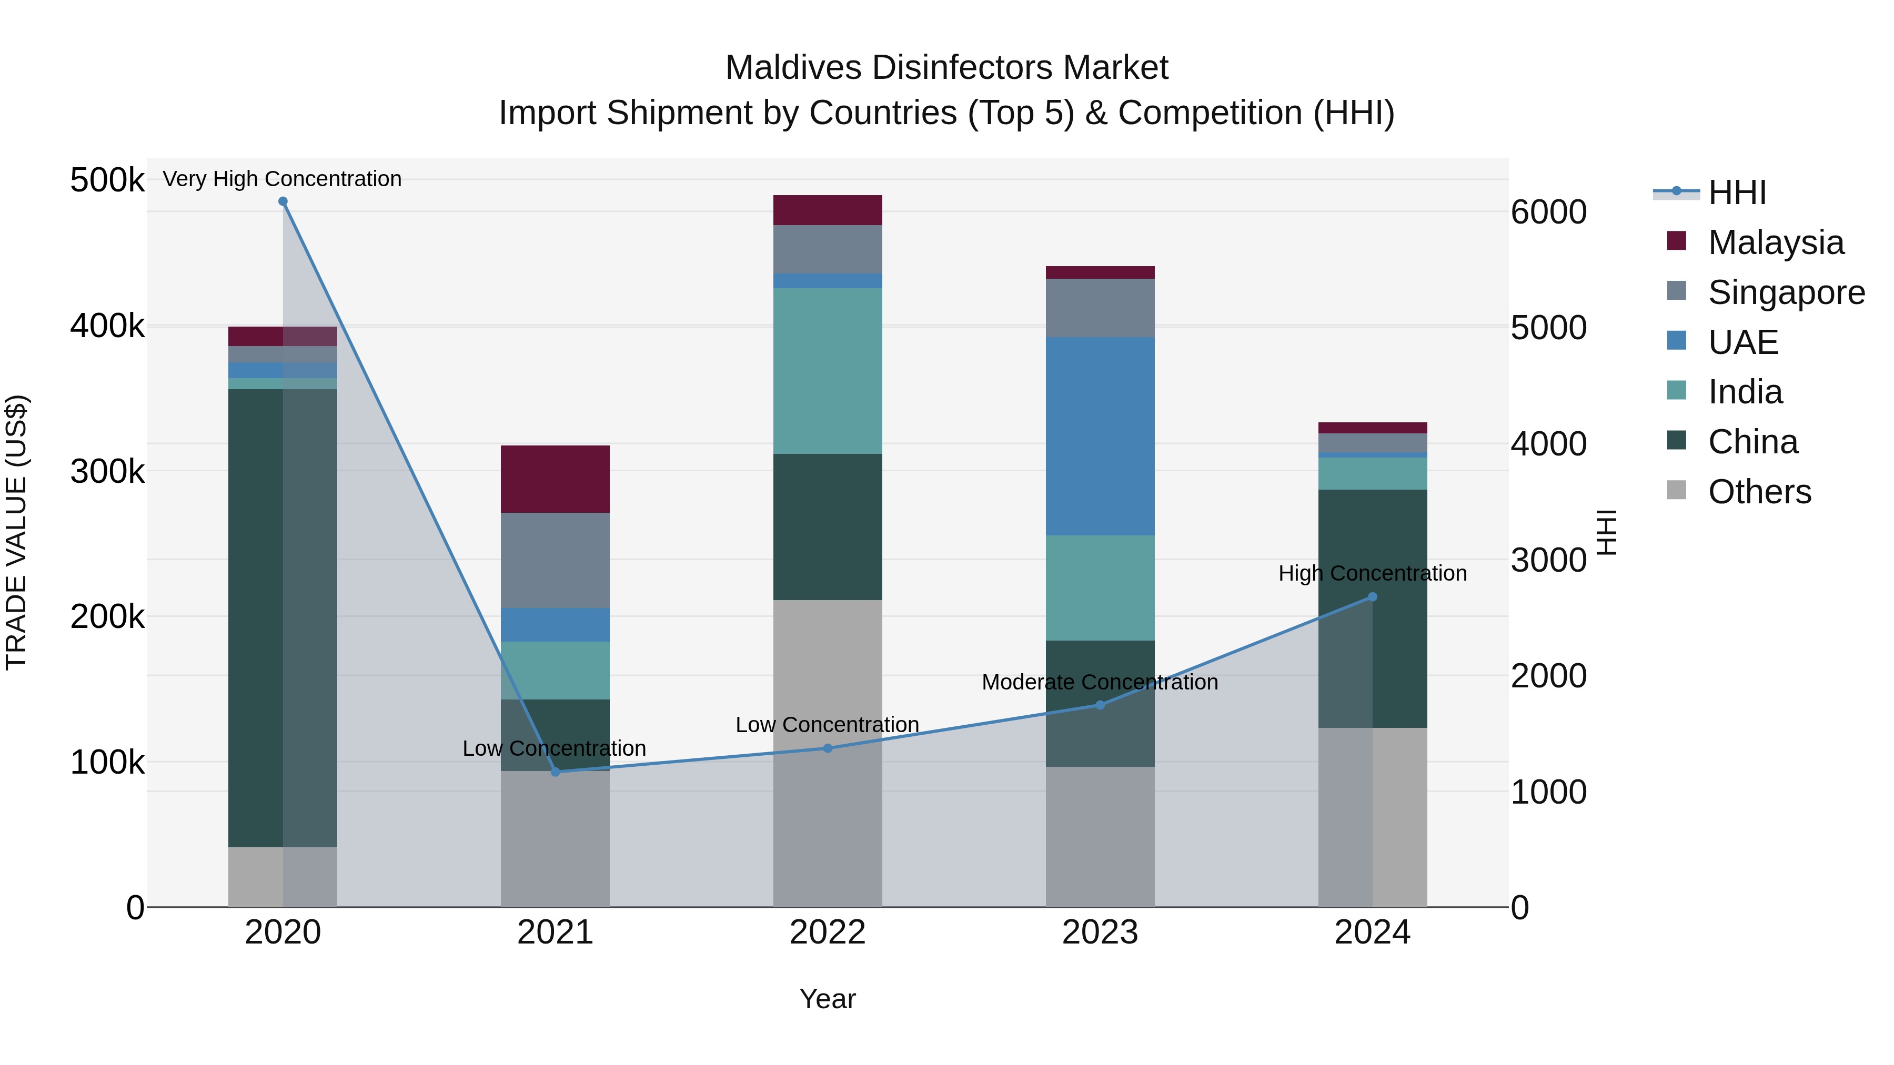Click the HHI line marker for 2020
(x=283, y=201)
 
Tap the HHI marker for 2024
(x=1372, y=597)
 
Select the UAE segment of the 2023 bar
(x=1100, y=436)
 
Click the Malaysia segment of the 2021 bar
(x=555, y=479)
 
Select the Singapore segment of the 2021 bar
(x=555, y=560)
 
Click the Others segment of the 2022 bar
(x=827, y=753)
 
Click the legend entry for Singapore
(x=1786, y=292)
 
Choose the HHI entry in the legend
(x=1736, y=192)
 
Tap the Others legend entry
(x=1759, y=492)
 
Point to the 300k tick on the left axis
(x=107, y=471)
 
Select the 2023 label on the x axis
(x=1100, y=932)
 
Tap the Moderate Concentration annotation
(x=1100, y=682)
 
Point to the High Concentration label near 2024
(x=1372, y=573)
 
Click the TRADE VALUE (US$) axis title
(x=16, y=532)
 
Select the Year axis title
(x=827, y=999)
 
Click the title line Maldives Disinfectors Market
(x=946, y=68)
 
